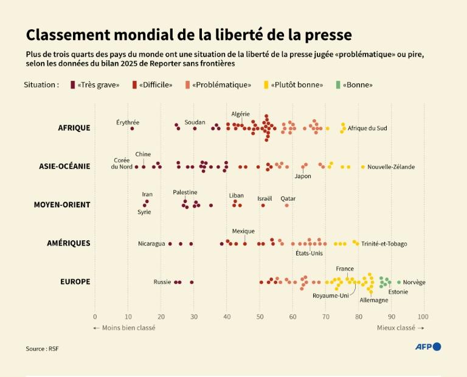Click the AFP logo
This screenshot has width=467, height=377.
427,347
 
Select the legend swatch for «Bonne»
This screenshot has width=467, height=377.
338,85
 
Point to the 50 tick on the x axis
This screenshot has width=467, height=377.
260,317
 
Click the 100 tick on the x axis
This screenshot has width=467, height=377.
423,317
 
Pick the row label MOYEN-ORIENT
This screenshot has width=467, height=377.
62,204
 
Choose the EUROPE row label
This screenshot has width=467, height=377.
75,282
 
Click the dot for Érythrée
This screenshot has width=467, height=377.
132,128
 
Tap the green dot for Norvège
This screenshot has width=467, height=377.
399,282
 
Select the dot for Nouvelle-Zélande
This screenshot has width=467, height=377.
363,167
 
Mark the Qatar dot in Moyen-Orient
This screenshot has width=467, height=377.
287,206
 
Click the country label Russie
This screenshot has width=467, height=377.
162,282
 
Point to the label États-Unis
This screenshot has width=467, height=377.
309,253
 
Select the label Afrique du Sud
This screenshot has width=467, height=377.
367,128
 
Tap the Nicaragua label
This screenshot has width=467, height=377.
151,244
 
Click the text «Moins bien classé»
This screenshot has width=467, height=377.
124,328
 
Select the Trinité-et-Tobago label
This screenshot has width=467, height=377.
384,244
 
